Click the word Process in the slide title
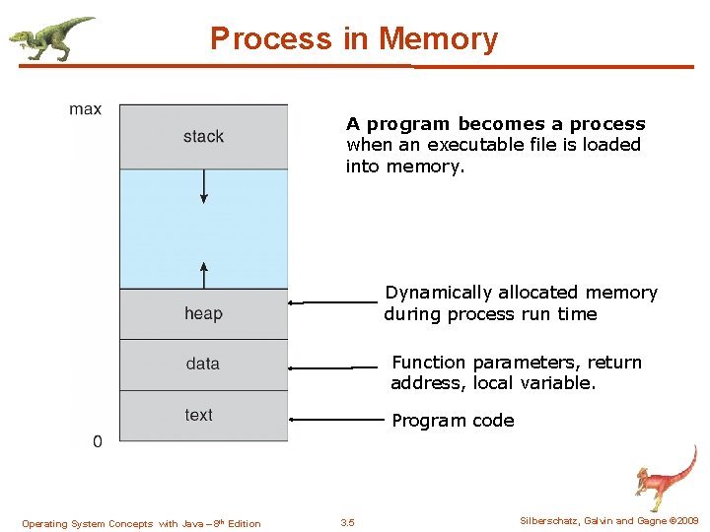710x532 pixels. pyautogui.click(x=271, y=39)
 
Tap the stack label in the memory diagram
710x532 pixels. pyautogui.click(x=203, y=137)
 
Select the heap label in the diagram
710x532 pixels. pyautogui.click(x=203, y=314)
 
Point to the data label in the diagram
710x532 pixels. pyautogui.click(x=203, y=365)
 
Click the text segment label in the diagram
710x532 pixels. pyautogui.click(x=199, y=415)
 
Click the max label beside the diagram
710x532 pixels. pyautogui.click(x=86, y=109)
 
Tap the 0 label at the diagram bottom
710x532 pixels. pyautogui.click(x=97, y=442)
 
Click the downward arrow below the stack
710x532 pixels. pyautogui.click(x=204, y=187)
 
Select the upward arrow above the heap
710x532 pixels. pyautogui.click(x=204, y=274)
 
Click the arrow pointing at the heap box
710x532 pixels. pyautogui.click(x=331, y=302)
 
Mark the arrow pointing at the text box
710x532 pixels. pyautogui.click(x=335, y=420)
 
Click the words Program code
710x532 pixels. pyautogui.click(x=453, y=421)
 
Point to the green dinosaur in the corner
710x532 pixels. pyautogui.click(x=51, y=38)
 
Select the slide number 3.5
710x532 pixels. pyautogui.click(x=347, y=523)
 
